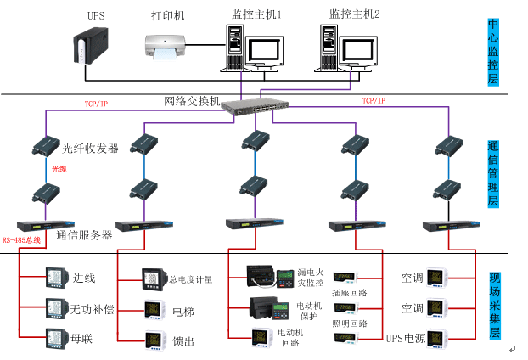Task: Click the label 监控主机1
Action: (x=256, y=15)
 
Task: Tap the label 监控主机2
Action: (x=354, y=15)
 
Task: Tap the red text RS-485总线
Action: (x=22, y=240)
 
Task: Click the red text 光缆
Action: (x=59, y=169)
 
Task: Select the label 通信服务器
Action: (x=84, y=235)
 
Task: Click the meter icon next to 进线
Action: (x=55, y=277)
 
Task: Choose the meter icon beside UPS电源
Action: (x=436, y=338)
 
